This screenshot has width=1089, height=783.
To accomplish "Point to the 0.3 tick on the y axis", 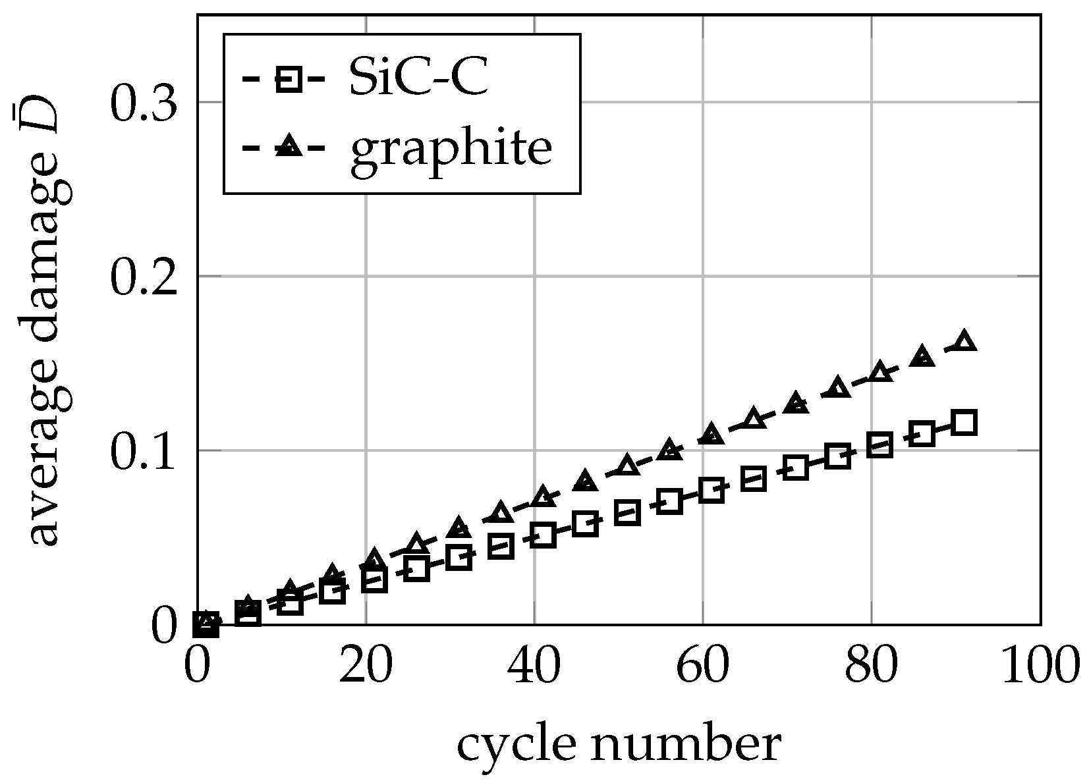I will (144, 103).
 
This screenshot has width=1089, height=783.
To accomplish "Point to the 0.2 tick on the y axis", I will (144, 277).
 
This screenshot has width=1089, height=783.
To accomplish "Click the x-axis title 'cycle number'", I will (619, 745).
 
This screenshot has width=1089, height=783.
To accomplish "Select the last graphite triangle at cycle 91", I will (964, 341).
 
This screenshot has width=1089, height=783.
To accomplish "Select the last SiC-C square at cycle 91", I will (964, 422).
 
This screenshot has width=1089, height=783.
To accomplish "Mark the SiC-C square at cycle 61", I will (712, 490).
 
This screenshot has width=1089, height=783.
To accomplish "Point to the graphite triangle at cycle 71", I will (796, 402).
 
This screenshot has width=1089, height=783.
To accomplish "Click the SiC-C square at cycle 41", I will (543, 535).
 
